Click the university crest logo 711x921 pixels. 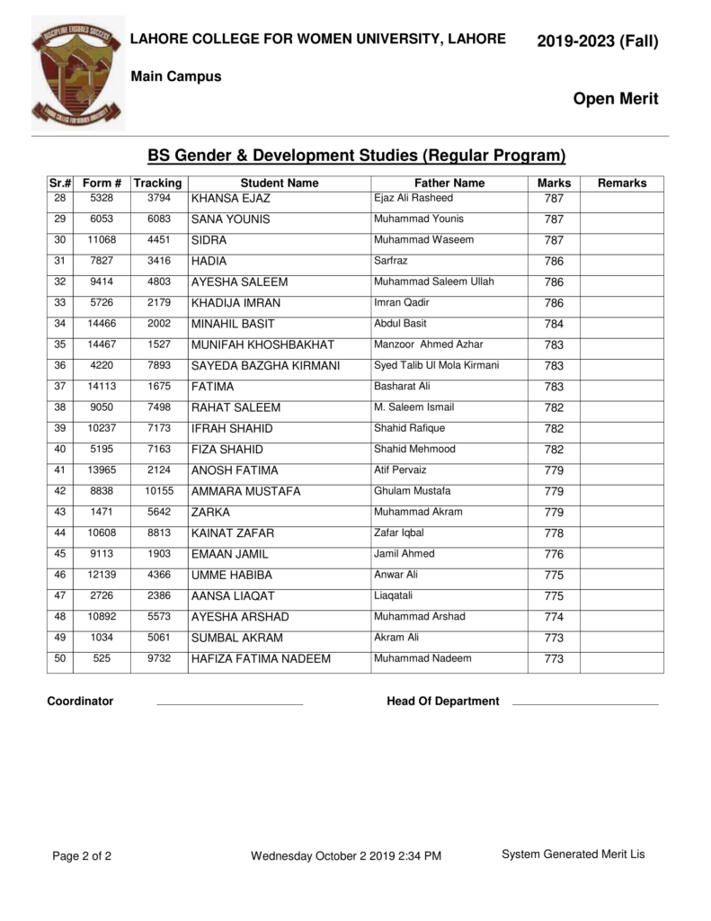(78, 74)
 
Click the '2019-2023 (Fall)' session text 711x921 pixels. (597, 40)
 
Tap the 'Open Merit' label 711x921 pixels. (615, 99)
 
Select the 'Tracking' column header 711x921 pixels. (157, 183)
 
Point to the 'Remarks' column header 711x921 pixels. (621, 183)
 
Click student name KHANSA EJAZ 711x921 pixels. (231, 199)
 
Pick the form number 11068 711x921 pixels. (102, 240)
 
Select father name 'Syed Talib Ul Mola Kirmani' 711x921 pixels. (436, 365)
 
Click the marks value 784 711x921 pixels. (554, 324)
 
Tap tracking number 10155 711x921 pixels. (158, 491)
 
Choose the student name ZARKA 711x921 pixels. (210, 513)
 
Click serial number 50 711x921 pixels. (60, 658)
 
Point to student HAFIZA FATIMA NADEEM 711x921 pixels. (261, 659)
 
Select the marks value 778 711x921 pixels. (554, 533)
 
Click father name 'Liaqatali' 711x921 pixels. (395, 595)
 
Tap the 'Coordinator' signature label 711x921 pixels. (80, 702)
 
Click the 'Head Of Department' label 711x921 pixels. (442, 702)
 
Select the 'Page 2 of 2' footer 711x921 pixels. (82, 856)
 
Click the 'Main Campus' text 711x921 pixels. (176, 77)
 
